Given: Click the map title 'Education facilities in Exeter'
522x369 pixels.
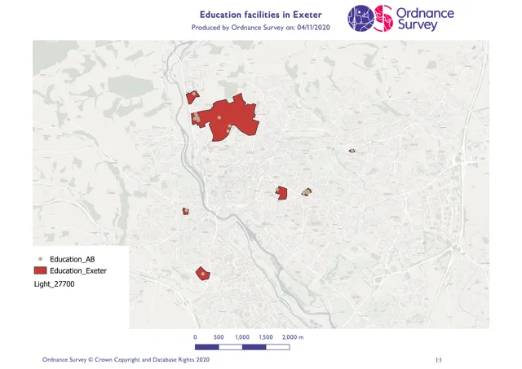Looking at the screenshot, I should pos(260,15).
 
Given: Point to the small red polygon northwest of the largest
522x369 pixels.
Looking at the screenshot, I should pos(192,98).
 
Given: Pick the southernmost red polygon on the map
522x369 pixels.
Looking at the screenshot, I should pos(201,274).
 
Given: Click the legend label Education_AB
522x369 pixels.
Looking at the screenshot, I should pos(73,258).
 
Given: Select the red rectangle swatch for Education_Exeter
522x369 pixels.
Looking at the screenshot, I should pos(39,270).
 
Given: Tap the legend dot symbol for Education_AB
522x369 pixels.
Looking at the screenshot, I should pos(39,258).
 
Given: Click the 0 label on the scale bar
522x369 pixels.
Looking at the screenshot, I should pos(195,336).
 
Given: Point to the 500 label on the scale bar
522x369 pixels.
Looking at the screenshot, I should pos(219,336).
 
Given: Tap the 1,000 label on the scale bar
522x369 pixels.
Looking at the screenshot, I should pos(242,336).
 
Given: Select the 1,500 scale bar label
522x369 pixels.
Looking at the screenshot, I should pos(266,336).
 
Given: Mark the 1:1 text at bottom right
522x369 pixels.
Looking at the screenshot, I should pos(439,359).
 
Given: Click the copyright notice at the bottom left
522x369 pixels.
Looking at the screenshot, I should pos(126,359).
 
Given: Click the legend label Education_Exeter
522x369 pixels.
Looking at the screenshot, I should pos(77,270).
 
